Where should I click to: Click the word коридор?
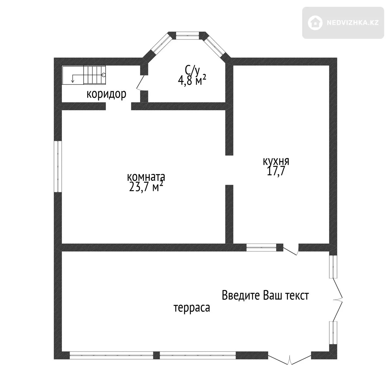[x=106, y=94]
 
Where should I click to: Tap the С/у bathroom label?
[x=192, y=70]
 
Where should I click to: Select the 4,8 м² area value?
[x=192, y=80]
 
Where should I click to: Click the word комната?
[x=146, y=177]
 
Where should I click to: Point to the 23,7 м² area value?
[x=146, y=187]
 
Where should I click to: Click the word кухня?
[x=276, y=161]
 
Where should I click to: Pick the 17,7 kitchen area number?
[x=276, y=171]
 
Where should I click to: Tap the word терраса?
[x=192, y=308]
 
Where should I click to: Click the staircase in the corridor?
[x=84, y=75]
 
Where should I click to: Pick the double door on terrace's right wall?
[x=338, y=299]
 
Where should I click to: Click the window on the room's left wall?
[x=58, y=166]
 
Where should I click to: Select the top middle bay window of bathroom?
[x=187, y=36]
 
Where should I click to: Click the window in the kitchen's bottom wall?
[x=261, y=248]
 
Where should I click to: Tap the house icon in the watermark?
[x=315, y=23]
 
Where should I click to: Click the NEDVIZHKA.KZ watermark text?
[x=353, y=23]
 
